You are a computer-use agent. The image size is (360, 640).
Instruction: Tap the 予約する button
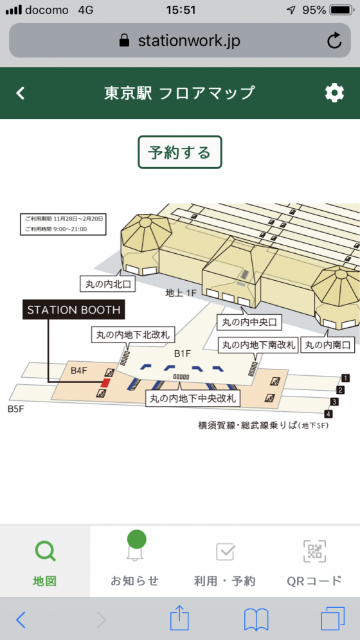179,152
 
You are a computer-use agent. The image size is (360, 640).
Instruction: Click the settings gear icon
334,93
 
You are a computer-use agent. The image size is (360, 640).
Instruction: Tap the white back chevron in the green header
21,93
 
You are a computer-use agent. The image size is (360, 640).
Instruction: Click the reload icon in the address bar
334,40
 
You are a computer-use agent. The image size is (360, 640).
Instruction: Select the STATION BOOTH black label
73,310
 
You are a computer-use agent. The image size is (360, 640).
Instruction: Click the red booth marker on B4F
105,382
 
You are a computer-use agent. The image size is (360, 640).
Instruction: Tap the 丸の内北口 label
108,284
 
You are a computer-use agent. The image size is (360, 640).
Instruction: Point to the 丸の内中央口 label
249,323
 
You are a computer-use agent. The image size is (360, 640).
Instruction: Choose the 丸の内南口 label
328,345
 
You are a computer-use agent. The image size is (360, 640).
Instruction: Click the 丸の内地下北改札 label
132,335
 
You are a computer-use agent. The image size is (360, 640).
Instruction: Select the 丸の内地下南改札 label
258,345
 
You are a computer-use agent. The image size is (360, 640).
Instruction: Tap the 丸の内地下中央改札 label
193,398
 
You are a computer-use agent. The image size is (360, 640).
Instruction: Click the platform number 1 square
345,378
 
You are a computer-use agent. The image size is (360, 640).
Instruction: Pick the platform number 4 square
328,414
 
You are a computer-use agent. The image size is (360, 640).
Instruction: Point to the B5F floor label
16,409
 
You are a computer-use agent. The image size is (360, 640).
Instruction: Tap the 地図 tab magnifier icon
45,551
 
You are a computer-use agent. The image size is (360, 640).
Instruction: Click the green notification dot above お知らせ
137,539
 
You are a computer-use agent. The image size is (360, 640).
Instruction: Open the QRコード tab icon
314,551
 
